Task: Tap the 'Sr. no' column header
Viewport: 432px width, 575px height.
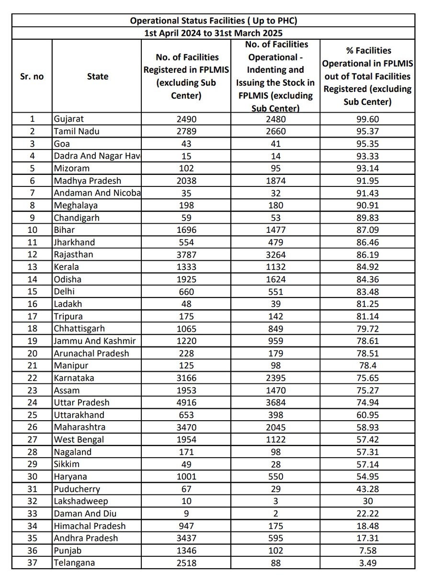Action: (31, 76)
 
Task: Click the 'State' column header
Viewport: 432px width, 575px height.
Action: (98, 76)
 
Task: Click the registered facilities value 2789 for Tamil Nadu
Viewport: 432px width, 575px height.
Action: (186, 132)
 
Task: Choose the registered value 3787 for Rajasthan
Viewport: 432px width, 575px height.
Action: (186, 254)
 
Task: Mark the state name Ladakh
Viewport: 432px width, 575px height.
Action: (67, 304)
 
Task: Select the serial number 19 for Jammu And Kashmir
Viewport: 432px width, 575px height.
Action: (31, 341)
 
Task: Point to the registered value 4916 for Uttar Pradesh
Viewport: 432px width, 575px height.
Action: (186, 402)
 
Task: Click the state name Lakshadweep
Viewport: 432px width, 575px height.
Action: (80, 501)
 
